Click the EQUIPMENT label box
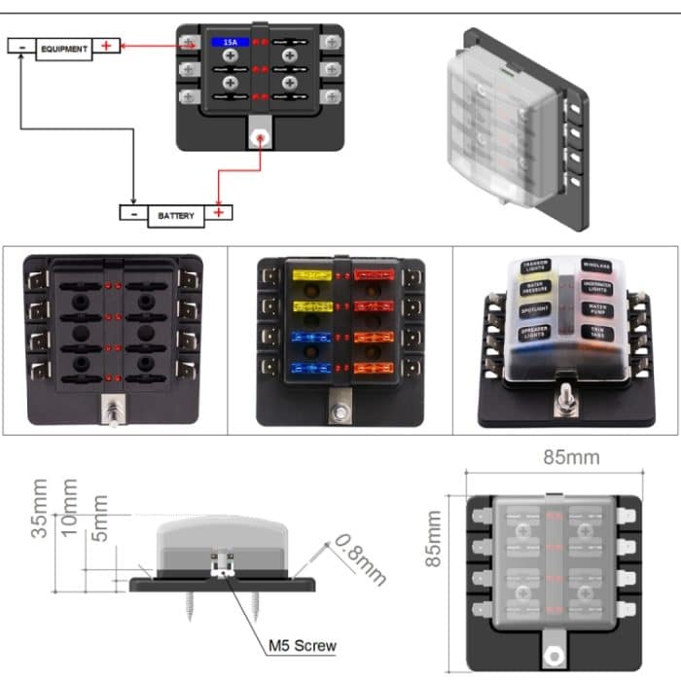coord(64,48)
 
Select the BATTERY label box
coord(176,215)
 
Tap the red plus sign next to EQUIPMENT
coord(107,46)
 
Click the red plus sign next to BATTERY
coord(220,213)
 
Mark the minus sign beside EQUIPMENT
coord(21,46)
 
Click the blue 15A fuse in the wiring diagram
coord(230,43)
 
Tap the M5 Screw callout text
coord(302,645)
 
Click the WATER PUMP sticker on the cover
coord(596,309)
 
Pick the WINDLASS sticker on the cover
coord(596,264)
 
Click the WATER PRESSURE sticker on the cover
coord(535,289)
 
